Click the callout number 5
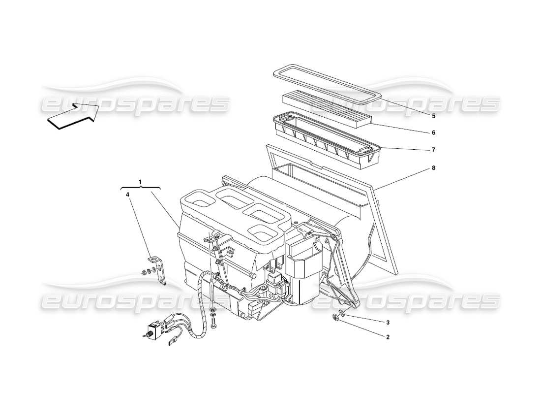[434, 116]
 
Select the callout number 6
[434, 132]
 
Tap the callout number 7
[434, 149]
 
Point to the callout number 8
[434, 167]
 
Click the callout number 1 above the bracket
[140, 182]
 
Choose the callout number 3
[388, 323]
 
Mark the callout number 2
[388, 337]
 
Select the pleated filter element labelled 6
[327, 104]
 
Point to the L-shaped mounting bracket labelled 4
[160, 269]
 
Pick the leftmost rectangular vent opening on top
[198, 201]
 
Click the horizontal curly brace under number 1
[140, 188]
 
